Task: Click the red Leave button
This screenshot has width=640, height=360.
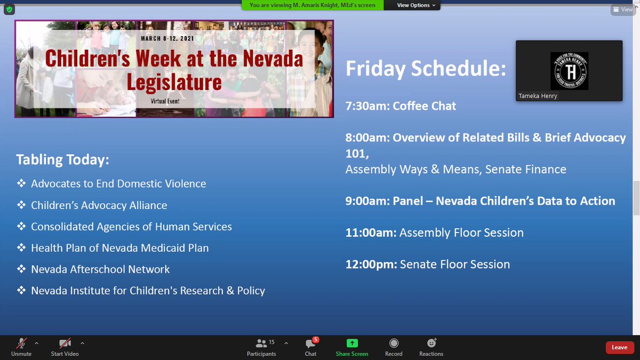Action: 619,348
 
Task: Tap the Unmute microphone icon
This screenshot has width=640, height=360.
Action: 21,343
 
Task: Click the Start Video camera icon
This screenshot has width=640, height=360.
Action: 65,343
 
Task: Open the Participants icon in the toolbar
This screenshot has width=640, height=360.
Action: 261,343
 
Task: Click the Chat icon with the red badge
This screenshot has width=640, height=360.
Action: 310,343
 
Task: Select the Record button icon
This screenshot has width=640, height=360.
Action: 394,343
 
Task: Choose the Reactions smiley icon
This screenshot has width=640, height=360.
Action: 431,343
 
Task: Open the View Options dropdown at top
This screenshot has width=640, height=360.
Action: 416,5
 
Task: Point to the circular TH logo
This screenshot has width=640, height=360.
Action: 569,70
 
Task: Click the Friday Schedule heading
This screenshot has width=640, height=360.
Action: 426,68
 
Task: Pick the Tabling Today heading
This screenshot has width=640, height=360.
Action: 62,159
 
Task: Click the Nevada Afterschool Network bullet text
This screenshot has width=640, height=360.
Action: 100,269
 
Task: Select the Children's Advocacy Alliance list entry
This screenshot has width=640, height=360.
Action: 99,205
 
